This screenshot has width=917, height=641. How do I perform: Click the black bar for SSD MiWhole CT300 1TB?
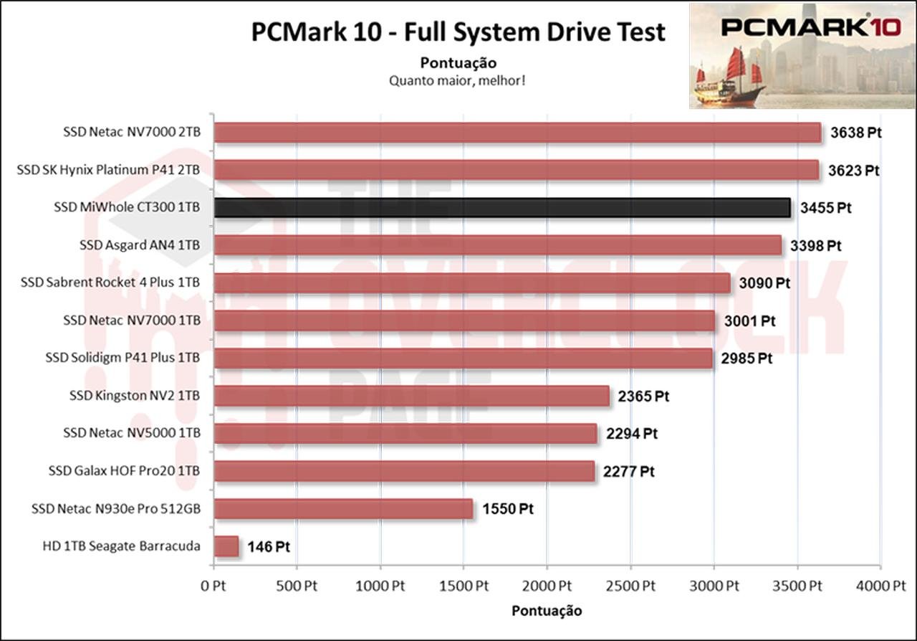(501, 208)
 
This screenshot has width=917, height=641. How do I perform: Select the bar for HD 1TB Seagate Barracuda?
(226, 546)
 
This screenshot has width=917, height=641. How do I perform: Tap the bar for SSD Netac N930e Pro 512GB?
(343, 509)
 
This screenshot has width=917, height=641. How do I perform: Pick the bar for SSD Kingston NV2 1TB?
(412, 396)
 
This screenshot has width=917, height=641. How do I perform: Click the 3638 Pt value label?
(855, 133)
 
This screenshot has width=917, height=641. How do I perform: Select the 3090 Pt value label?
(765, 283)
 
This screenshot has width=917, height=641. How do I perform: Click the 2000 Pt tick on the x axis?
(547, 585)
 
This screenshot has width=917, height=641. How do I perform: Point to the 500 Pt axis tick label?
(297, 585)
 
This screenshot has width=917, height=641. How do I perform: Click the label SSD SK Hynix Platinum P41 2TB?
(108, 170)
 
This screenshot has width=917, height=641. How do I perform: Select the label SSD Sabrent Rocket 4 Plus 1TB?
(111, 282)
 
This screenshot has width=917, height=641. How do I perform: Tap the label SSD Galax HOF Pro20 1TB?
(124, 471)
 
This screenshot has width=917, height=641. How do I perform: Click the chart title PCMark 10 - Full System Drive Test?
(458, 32)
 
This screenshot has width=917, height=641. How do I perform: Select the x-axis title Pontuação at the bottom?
(547, 611)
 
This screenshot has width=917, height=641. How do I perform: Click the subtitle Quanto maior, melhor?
(458, 80)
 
